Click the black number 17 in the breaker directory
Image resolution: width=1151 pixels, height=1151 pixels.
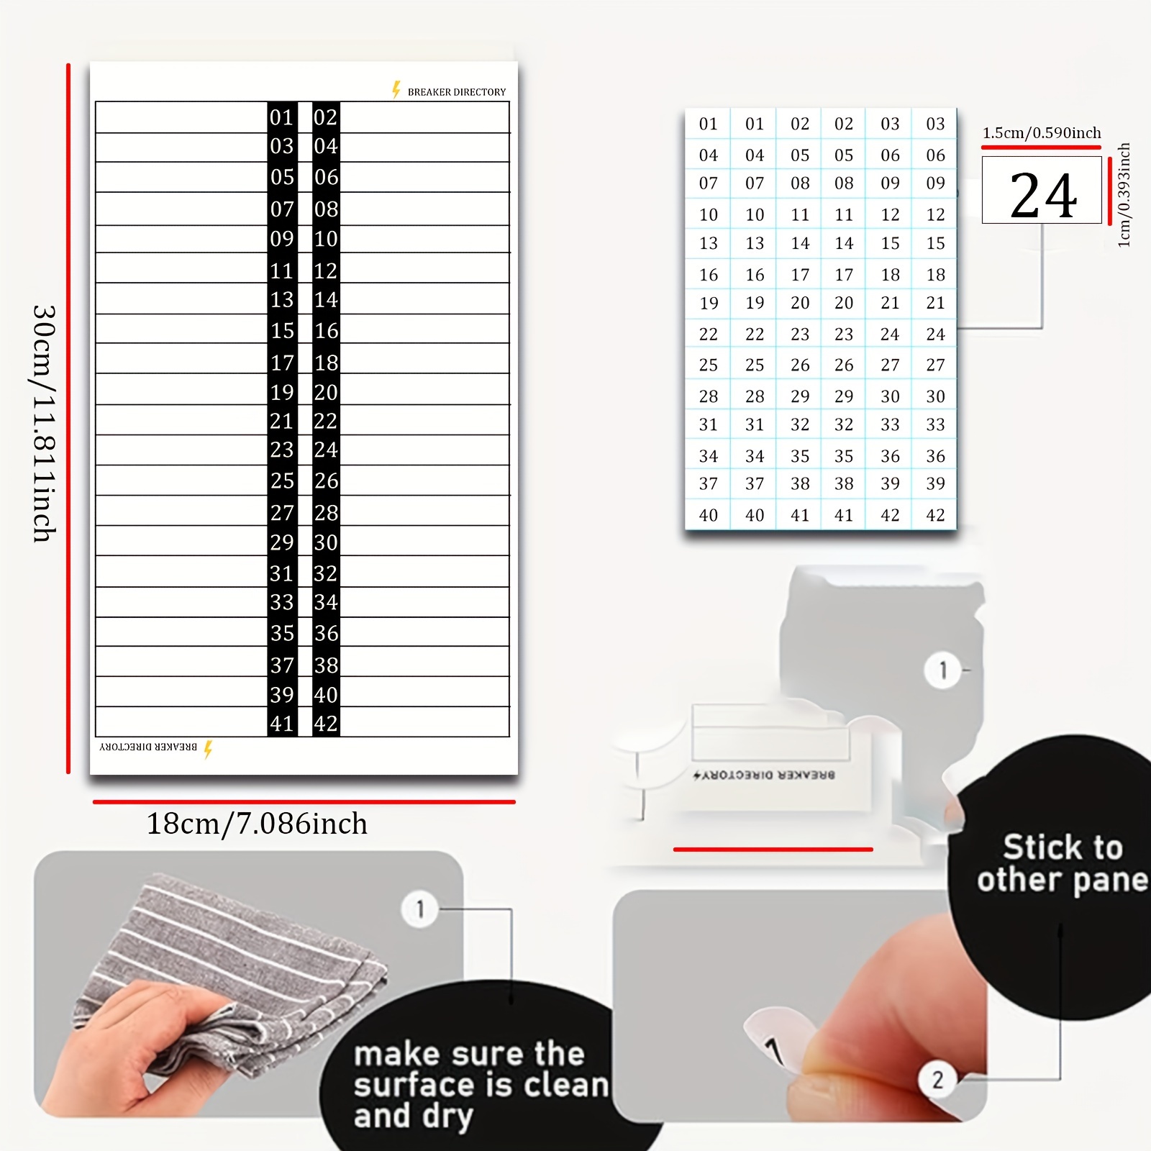(282, 363)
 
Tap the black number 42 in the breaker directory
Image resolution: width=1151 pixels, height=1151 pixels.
(326, 723)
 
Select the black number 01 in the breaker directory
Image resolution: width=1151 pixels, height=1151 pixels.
(282, 117)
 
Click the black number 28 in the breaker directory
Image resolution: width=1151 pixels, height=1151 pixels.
(326, 512)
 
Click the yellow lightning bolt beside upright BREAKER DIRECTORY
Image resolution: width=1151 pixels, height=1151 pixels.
(396, 90)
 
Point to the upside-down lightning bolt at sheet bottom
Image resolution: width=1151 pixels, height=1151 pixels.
(208, 749)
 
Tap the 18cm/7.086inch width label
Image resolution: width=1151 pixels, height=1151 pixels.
(257, 824)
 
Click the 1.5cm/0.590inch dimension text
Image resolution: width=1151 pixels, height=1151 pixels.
(1041, 133)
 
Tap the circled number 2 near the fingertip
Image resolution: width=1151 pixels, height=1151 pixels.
(937, 1080)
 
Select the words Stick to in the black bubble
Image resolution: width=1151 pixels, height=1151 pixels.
(1062, 847)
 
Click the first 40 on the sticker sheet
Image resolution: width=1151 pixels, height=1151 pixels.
(708, 515)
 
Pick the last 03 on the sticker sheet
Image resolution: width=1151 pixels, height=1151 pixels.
(935, 124)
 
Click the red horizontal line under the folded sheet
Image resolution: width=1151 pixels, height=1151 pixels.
(773, 850)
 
